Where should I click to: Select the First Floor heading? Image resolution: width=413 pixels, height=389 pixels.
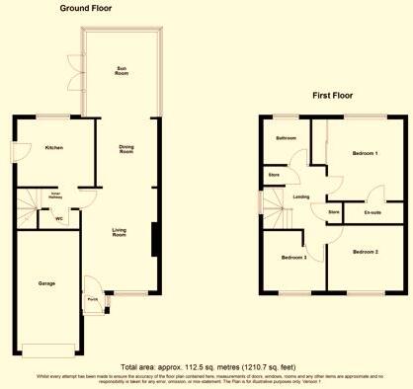(x=334, y=96)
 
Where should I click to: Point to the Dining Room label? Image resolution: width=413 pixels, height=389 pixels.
(x=125, y=149)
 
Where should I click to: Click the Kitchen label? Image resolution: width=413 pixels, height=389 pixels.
(x=54, y=148)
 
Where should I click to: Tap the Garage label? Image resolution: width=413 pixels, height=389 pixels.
(x=46, y=283)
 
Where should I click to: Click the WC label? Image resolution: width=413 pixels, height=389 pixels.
(x=59, y=218)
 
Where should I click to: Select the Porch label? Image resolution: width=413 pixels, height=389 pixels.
(x=92, y=299)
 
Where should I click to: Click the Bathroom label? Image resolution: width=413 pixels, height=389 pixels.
(x=287, y=138)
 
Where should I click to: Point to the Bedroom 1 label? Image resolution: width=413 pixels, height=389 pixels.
(x=366, y=153)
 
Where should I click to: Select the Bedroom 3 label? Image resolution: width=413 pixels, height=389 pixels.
(x=293, y=258)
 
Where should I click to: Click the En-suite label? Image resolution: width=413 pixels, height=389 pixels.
(x=372, y=211)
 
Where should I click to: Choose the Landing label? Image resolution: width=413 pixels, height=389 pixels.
(x=301, y=197)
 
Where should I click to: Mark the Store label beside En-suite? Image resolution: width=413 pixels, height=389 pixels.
(x=334, y=211)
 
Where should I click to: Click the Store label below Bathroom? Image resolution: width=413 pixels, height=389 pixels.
(x=274, y=176)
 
